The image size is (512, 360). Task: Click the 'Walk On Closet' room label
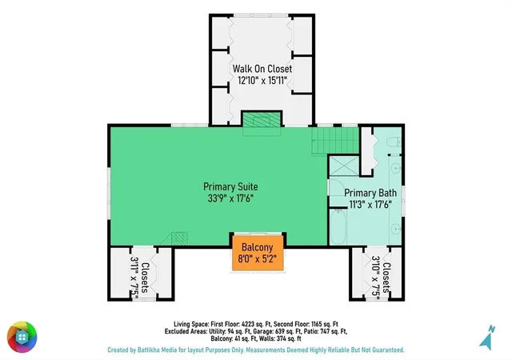[262, 69]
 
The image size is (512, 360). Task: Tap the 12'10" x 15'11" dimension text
[262, 80]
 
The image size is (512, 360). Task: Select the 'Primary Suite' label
[230, 187]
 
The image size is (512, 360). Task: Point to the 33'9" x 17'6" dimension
[230, 198]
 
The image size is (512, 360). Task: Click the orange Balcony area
[258, 253]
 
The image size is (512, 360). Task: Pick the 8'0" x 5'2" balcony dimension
[258, 258]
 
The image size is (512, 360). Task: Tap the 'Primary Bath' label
[370, 193]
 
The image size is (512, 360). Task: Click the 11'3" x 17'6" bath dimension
[370, 205]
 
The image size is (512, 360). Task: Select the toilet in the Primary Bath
[394, 142]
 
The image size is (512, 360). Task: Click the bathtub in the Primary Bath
[338, 226]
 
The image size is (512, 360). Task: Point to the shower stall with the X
[344, 166]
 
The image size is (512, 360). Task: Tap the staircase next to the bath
[335, 141]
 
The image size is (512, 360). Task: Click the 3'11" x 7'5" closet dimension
[134, 278]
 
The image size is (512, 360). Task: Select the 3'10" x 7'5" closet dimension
[375, 277]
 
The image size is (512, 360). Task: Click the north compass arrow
[487, 338]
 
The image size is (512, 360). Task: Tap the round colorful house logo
[22, 337]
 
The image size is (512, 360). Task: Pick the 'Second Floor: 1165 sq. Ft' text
[306, 324]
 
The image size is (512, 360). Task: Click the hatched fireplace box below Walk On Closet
[262, 119]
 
